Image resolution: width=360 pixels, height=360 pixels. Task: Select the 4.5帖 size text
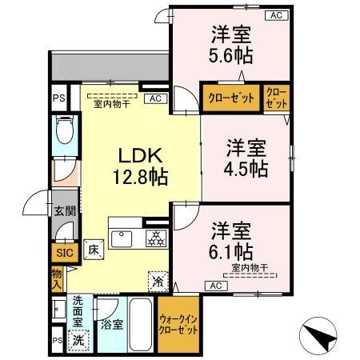pyautogui.click(x=246, y=169)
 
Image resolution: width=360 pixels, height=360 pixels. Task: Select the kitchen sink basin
pyautogui.click(x=124, y=238)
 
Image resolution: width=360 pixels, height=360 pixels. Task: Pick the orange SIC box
pyautogui.click(x=63, y=254)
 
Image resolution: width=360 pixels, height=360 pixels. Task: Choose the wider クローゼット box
pyautogui.click(x=231, y=98)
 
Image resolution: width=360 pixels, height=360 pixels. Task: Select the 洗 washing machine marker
pyautogui.click(x=78, y=338)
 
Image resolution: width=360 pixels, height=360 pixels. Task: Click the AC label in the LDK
pyautogui.click(x=155, y=98)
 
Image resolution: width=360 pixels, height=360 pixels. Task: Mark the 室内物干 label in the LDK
pyautogui.click(x=111, y=103)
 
